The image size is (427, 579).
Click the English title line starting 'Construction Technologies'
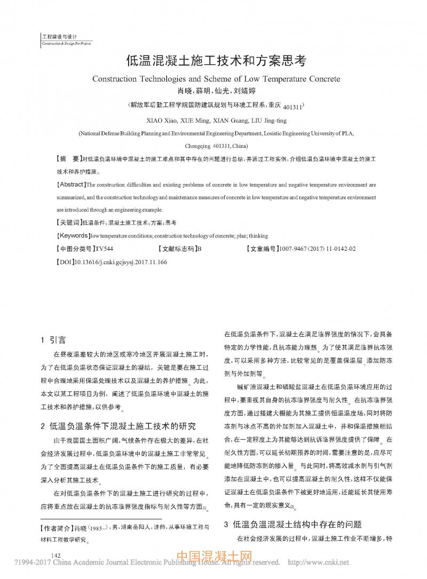(x=216, y=78)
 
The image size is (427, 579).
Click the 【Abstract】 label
(x=70, y=185)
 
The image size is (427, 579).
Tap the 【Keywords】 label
(x=73, y=235)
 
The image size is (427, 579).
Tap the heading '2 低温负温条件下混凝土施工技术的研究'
(x=118, y=426)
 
